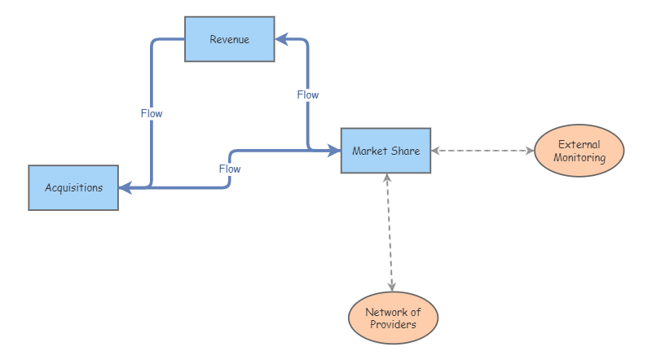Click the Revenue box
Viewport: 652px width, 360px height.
click(x=229, y=39)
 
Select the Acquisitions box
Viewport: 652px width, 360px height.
click(x=73, y=187)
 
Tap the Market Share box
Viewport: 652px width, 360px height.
click(x=385, y=151)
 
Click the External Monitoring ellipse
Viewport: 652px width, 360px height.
click(x=579, y=151)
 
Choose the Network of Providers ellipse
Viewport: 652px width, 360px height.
click(x=393, y=318)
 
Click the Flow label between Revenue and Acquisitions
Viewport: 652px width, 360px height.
click(x=152, y=113)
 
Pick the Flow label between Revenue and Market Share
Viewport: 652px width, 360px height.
click(x=307, y=94)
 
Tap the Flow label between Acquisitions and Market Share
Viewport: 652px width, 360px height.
click(x=230, y=169)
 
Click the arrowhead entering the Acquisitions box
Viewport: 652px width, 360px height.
click(x=125, y=187)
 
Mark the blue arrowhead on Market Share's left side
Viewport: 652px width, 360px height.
click(x=334, y=151)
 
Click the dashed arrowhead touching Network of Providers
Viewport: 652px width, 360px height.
click(x=392, y=287)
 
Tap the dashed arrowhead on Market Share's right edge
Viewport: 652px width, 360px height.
click(x=436, y=151)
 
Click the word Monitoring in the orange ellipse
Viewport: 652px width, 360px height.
click(x=579, y=158)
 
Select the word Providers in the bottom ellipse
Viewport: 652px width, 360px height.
click(x=393, y=325)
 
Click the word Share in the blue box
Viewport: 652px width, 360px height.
click(x=405, y=151)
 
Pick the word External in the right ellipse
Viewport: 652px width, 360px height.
click(x=579, y=145)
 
